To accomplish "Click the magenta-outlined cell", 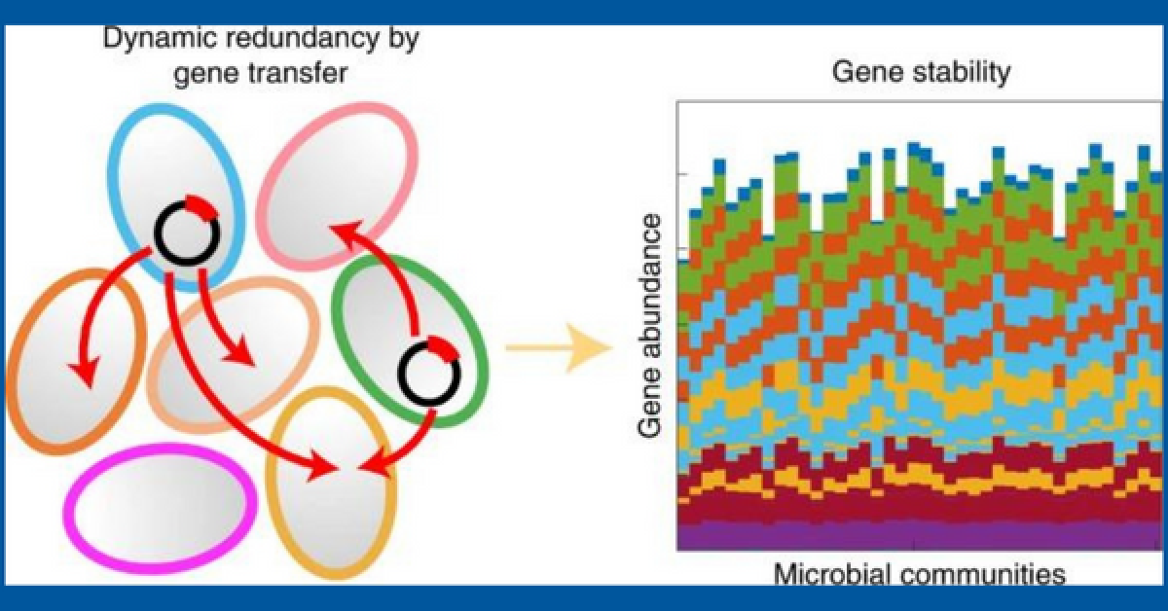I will (161, 507).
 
